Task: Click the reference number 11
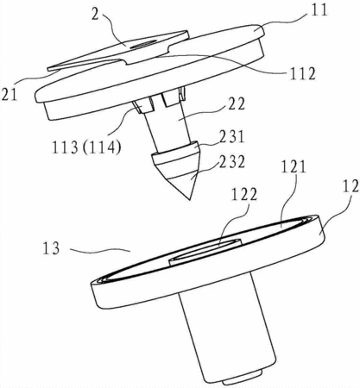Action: pyautogui.click(x=319, y=10)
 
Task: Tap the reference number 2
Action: pyautogui.click(x=95, y=14)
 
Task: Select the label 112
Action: pyautogui.click(x=301, y=74)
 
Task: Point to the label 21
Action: pyautogui.click(x=9, y=95)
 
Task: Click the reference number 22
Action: pyautogui.click(x=236, y=104)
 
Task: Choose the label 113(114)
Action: pyautogui.click(x=86, y=147)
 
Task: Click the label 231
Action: pyautogui.click(x=231, y=137)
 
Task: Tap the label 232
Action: pyautogui.click(x=231, y=162)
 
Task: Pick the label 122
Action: pyautogui.click(x=243, y=196)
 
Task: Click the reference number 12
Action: pyautogui.click(x=351, y=185)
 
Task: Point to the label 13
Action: pyautogui.click(x=51, y=248)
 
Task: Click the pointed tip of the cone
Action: pyautogui.click(x=190, y=199)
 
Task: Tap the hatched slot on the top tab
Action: pyautogui.click(x=143, y=44)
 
